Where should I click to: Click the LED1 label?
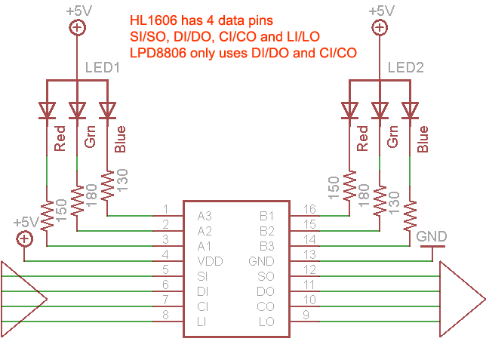(103, 68)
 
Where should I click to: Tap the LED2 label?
(405, 68)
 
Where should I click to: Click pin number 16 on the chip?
(309, 209)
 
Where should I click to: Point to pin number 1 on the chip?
(165, 209)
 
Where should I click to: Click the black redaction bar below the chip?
(248, 348)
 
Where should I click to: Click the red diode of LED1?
(47, 110)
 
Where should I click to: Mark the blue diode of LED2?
(410, 110)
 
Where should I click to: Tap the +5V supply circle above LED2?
(379, 28)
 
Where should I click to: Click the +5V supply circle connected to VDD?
(25, 238)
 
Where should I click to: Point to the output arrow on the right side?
(461, 299)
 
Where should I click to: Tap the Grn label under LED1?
(89, 140)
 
